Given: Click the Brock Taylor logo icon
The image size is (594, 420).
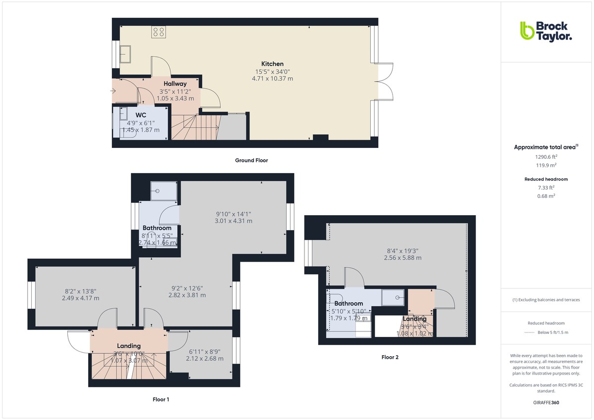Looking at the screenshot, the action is click(x=527, y=31).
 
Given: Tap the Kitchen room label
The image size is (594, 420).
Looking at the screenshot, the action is click(x=272, y=64).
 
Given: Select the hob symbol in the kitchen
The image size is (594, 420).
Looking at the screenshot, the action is click(x=159, y=32).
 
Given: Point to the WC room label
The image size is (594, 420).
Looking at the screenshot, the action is click(x=141, y=115).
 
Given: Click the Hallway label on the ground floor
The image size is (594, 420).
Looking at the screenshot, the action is click(x=175, y=84).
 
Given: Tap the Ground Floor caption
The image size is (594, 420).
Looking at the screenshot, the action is click(x=251, y=160).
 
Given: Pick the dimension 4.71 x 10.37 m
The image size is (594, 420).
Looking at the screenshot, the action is click(x=272, y=79).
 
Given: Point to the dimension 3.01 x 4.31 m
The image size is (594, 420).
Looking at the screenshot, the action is click(x=234, y=221).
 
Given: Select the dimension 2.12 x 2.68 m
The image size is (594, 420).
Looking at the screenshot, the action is click(x=205, y=359).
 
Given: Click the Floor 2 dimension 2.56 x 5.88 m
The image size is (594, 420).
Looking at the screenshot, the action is click(x=403, y=258).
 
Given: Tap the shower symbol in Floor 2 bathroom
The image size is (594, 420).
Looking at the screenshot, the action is click(x=394, y=297).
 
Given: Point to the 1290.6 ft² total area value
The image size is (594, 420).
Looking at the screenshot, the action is click(x=547, y=156).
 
